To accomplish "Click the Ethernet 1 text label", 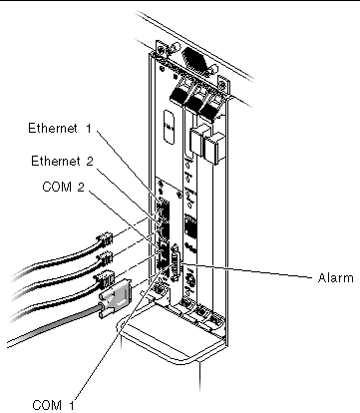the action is point(60,128).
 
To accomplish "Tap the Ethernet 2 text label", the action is point(62,161).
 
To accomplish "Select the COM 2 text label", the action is point(63,187).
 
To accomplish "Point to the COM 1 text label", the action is point(53,405).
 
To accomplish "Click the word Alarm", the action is point(335,277).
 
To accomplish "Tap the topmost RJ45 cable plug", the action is point(105,239).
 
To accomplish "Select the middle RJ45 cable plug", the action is point(105,258).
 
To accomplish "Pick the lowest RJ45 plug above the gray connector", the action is point(105,278).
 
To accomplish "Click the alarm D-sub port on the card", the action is point(175,263).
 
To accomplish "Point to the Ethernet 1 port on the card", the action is point(163,208).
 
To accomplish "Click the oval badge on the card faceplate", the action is point(170,128).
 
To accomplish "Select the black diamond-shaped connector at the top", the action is point(196,60).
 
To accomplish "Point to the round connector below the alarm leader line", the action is point(188,280).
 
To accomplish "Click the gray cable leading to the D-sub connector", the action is point(53,326).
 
